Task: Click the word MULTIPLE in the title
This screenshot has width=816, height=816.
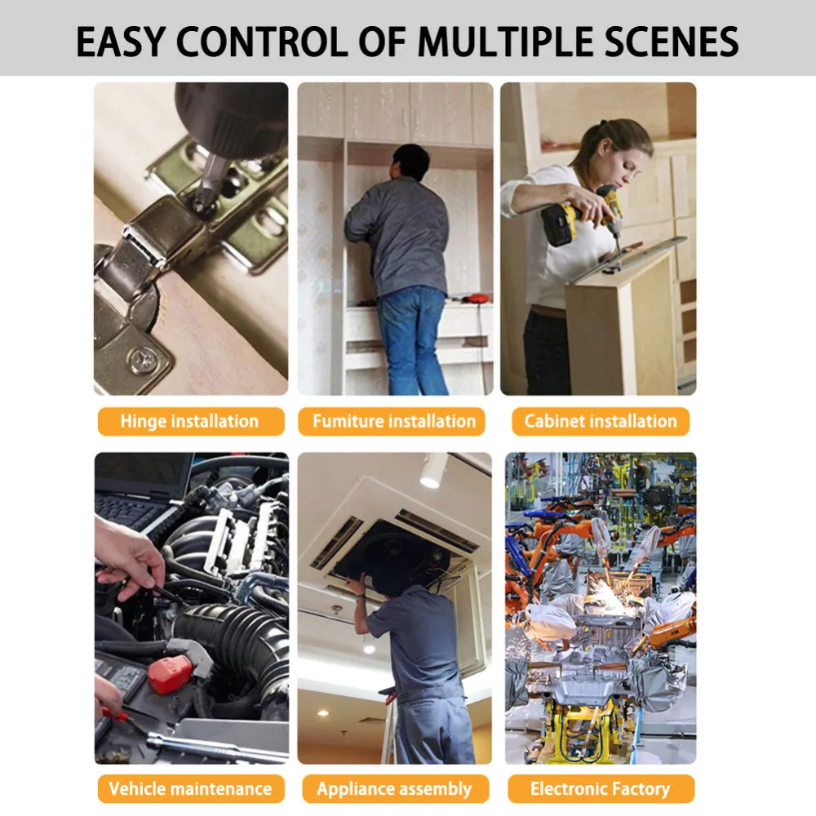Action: point(506,42)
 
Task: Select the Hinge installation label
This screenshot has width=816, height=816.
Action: point(190,421)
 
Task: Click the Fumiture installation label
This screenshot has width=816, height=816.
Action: point(394,421)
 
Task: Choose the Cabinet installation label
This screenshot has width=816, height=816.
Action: point(601,421)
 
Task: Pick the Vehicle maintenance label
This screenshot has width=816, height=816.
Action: point(190,788)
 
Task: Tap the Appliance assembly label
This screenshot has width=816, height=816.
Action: point(394,788)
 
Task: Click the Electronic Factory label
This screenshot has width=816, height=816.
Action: point(601,788)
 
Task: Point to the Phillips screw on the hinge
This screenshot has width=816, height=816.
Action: point(142,360)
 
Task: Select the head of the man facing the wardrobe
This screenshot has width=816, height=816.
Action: point(411,162)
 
